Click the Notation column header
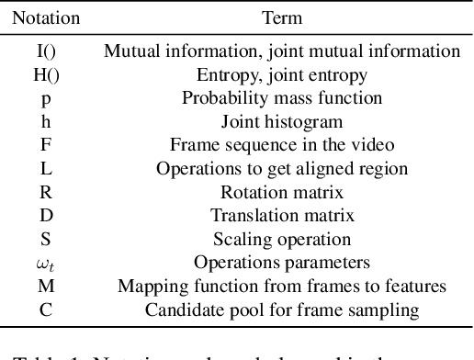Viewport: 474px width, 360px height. coord(46,17)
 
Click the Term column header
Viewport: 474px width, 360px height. coord(281,17)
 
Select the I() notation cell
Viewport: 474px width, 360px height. coord(46,51)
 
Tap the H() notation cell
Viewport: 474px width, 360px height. coord(46,75)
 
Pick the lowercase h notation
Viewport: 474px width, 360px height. coord(46,121)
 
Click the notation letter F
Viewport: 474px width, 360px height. coord(46,145)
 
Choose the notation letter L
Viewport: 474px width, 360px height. coord(46,169)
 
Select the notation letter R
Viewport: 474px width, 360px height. coord(46,193)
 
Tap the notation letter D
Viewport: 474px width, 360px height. coord(46,217)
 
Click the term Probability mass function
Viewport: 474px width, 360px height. coord(281,98)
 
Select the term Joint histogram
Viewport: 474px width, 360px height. coord(281,122)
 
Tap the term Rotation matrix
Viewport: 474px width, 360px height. coord(281,193)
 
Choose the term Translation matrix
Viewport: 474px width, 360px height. coord(281,217)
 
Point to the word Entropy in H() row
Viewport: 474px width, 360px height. coord(225,76)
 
